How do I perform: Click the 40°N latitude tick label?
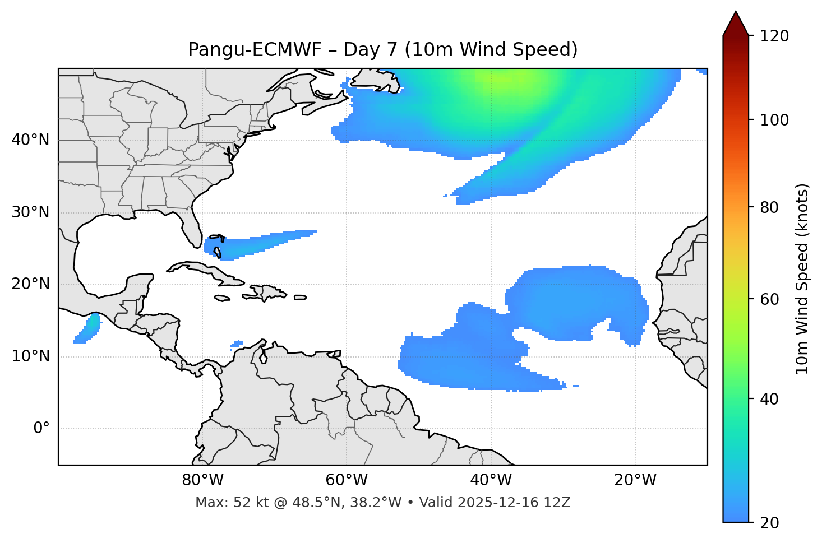(x=30, y=140)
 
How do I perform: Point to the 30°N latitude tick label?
(x=30, y=212)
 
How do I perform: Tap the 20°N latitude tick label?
(x=30, y=284)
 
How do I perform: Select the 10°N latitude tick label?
(x=30, y=356)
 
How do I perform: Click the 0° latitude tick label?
(x=41, y=429)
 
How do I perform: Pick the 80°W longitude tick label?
(x=202, y=480)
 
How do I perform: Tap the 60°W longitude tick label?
(x=347, y=480)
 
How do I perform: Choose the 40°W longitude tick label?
(x=491, y=480)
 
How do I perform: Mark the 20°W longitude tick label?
(x=635, y=480)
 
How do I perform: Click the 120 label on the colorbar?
(x=774, y=36)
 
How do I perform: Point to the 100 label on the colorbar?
(x=774, y=120)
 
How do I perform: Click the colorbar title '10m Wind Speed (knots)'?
(x=802, y=279)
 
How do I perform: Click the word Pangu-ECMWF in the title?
(x=255, y=50)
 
